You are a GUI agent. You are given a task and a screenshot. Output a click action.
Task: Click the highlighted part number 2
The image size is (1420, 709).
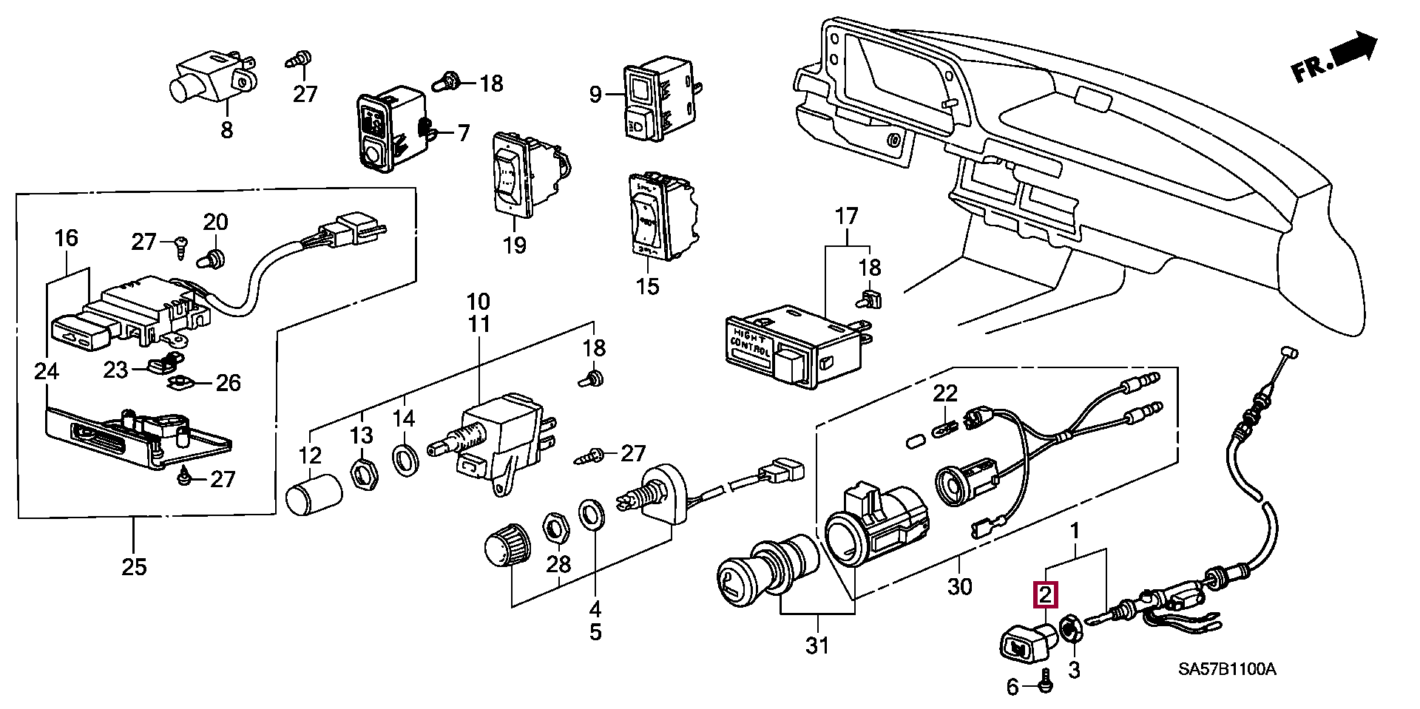point(1046,594)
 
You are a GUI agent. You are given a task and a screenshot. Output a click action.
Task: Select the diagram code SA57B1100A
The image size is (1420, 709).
point(1227,670)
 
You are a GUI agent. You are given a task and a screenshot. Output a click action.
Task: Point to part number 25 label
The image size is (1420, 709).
point(134,567)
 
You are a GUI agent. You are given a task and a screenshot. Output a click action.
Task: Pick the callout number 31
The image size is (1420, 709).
point(817,645)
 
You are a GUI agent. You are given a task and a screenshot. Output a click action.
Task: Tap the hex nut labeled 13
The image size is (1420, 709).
point(362,471)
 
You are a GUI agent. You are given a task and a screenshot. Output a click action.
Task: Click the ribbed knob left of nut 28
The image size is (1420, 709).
point(507,547)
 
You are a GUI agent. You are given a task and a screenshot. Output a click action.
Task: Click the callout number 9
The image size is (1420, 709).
point(595,95)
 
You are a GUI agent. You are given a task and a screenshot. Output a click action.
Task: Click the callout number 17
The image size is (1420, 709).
point(846,217)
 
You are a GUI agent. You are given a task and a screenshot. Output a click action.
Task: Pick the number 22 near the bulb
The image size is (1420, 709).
point(944,394)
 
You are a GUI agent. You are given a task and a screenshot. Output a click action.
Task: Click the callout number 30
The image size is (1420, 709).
point(959,586)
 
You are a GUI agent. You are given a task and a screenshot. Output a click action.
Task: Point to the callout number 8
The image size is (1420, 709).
point(226,130)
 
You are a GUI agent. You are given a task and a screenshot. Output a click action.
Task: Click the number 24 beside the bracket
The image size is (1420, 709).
point(47,371)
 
